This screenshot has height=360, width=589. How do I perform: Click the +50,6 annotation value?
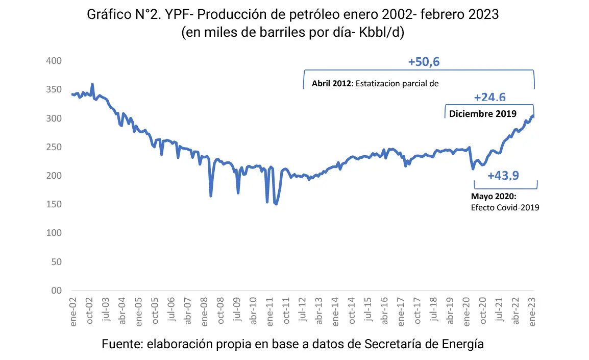click(424, 62)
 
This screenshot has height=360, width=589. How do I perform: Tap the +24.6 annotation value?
click(489, 97)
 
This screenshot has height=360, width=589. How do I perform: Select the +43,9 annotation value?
click(503, 176)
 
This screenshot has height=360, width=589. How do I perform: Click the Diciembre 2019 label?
click(483, 113)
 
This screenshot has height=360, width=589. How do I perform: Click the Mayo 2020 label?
click(494, 197)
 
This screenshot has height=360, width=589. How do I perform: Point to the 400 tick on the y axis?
click(54, 61)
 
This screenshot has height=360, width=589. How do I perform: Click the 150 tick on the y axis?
click(54, 204)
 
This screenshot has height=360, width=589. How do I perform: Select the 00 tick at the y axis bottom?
click(57, 291)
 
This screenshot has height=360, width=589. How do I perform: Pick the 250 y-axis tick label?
click(54, 147)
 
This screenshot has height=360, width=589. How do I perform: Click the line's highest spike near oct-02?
click(92, 84)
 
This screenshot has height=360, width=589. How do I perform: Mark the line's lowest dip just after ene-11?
click(276, 204)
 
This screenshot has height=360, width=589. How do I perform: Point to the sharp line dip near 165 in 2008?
click(211, 196)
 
